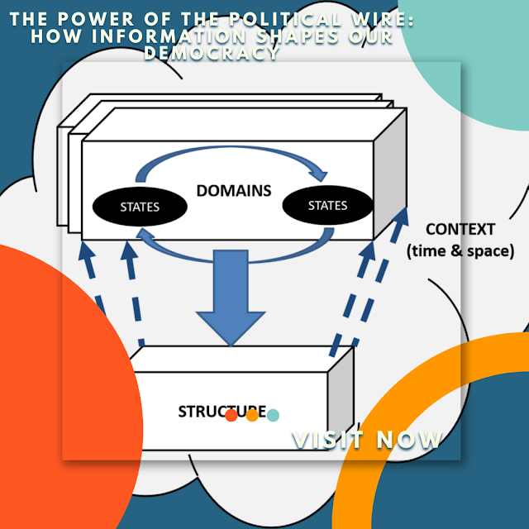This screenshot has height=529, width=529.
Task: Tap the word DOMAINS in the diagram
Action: (234, 191)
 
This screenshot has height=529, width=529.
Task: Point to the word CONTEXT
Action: (460, 229)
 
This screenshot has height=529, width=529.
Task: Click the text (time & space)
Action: (460, 250)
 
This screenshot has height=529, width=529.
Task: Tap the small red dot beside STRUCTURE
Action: (232, 415)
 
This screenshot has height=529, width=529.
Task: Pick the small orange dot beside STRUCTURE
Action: (252, 415)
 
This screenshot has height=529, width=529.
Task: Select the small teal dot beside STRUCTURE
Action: (273, 415)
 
